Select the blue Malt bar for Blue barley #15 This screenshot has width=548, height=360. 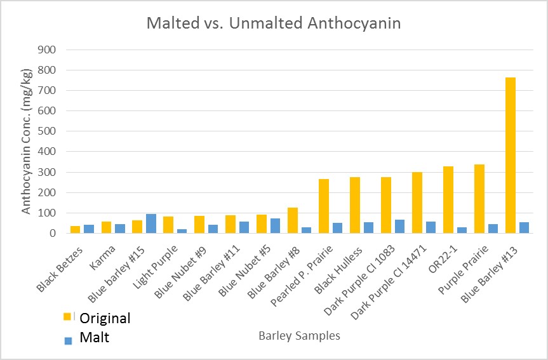click(150, 223)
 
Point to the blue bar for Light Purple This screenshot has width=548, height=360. click(182, 231)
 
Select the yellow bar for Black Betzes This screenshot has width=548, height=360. click(76, 230)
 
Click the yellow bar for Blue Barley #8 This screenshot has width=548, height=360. click(293, 220)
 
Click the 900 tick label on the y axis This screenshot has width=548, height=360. click(48, 50)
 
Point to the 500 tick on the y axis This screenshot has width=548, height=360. click(48, 131)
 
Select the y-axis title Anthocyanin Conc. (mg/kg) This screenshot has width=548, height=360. click(26, 141)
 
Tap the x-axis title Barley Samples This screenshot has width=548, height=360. click(299, 336)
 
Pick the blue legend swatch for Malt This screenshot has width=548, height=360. click(67, 340)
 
